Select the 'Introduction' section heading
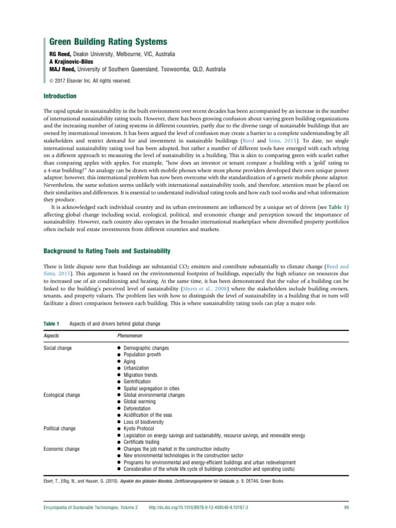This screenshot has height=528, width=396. coord(60,96)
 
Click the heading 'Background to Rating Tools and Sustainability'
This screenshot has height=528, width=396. coord(107,251)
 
